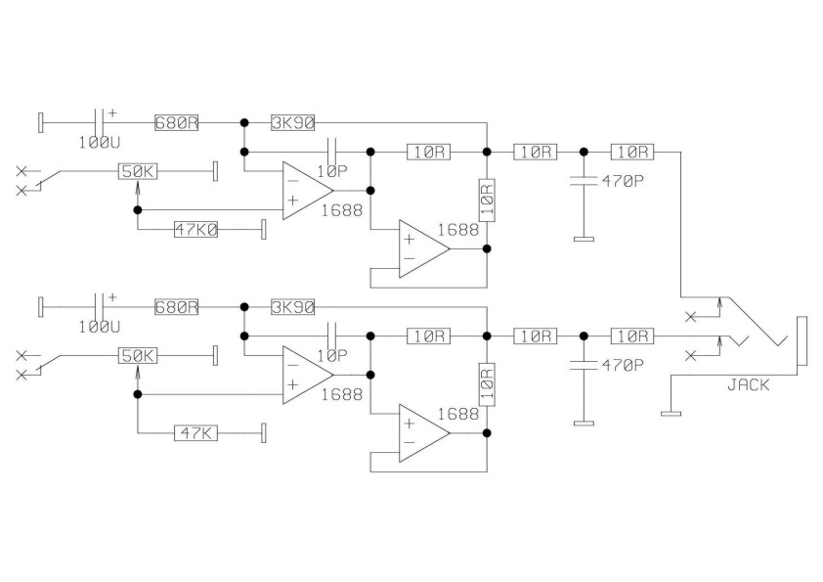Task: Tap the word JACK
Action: pos(748,385)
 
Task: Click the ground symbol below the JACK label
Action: pos(671,413)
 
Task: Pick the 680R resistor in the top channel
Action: pos(176,123)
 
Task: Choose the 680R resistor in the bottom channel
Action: pos(176,306)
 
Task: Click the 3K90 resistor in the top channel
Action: pos(292,123)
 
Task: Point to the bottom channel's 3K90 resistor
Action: pos(292,306)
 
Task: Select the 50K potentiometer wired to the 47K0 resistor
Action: pos(138,171)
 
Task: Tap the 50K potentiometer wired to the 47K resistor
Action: pos(138,355)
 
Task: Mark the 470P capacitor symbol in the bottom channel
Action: pos(584,364)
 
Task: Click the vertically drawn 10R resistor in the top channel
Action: pos(486,199)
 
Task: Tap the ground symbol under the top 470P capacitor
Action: pos(584,238)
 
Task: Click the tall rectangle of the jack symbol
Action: pos(801,341)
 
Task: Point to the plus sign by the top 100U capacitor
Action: pos(111,112)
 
